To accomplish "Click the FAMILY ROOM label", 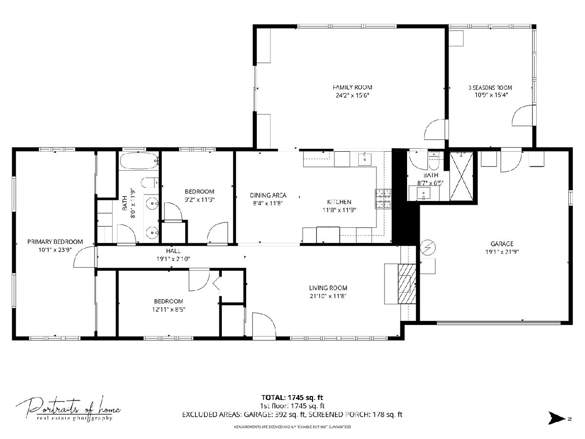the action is coord(352,87).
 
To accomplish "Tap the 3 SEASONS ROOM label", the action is coord(490,87).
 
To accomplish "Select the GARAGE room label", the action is coord(502,243).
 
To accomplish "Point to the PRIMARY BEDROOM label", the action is coord(55,242).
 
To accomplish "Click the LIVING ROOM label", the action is coord(328,288).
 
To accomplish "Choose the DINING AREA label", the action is coord(268,196).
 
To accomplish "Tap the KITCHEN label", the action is coord(339,202).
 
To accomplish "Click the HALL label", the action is coord(173,251).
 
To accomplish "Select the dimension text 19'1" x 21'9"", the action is coord(502,252).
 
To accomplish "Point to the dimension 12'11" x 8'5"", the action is coord(169,309).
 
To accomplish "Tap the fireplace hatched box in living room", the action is coord(407,284).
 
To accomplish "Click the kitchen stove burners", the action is coord(383,199).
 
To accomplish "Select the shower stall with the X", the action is coord(461,176).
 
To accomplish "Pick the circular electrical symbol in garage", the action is coord(428,248).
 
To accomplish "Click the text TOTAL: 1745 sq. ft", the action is coord(292,398).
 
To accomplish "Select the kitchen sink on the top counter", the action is coord(365,160).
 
